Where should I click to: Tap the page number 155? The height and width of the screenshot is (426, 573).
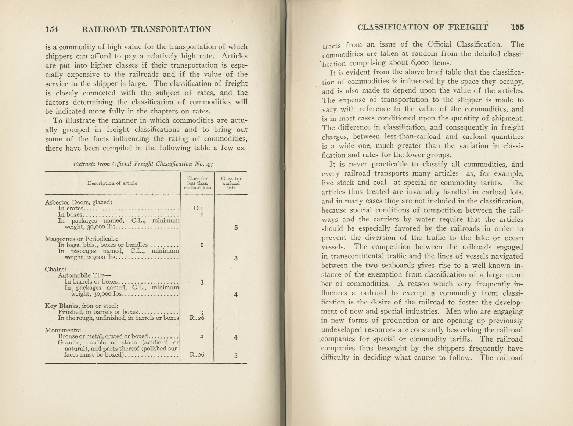(x=517, y=27)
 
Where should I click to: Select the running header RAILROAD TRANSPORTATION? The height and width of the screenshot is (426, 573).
(x=147, y=29)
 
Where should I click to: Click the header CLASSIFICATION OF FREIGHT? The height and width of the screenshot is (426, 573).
(x=423, y=27)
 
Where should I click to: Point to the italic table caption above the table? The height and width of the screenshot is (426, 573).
(x=143, y=164)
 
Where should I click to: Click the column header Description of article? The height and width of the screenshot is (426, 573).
(x=112, y=183)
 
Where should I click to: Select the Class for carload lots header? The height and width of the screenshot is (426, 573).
(x=231, y=183)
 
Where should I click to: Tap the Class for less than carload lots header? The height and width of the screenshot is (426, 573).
(x=197, y=183)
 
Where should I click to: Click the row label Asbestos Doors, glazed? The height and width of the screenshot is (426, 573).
(x=78, y=202)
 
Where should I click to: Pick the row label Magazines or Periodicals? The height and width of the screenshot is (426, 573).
(x=81, y=239)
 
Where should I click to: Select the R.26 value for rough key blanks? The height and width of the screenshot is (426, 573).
(x=197, y=318)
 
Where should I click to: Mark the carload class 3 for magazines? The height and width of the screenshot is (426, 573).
(x=235, y=258)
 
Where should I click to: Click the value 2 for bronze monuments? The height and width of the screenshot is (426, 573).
(x=202, y=336)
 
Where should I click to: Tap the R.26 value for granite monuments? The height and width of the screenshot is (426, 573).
(x=197, y=355)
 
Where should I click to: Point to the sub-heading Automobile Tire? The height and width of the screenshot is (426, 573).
(x=84, y=275)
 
